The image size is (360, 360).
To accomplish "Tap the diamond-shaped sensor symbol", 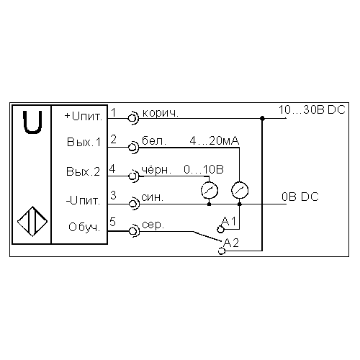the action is (32, 221).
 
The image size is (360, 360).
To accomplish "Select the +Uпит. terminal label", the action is (84, 117).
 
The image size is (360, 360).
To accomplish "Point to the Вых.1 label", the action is (84, 142).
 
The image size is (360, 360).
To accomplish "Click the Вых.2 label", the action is (83, 171).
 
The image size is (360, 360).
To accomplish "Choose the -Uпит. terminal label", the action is (83, 201).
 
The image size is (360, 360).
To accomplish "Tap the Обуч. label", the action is (84, 227).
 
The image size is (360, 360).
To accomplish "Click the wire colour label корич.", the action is (161, 113).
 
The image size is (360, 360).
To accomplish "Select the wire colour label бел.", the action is (154, 140).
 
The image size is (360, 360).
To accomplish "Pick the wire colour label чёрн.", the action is (156, 170).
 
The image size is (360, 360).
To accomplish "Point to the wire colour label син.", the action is (153, 197).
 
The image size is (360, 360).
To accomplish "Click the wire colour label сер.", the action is (153, 225).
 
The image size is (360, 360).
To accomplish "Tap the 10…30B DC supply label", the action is (312, 109).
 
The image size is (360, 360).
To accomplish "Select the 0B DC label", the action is (300, 197).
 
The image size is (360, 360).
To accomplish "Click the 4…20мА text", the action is (215, 140).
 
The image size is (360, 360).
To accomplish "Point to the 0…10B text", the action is (204, 169).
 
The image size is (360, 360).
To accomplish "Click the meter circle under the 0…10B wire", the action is (210, 190).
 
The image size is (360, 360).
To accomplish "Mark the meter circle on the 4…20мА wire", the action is (240, 190).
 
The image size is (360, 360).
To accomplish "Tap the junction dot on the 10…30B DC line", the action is (262, 118).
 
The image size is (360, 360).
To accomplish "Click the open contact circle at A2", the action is (221, 251).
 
